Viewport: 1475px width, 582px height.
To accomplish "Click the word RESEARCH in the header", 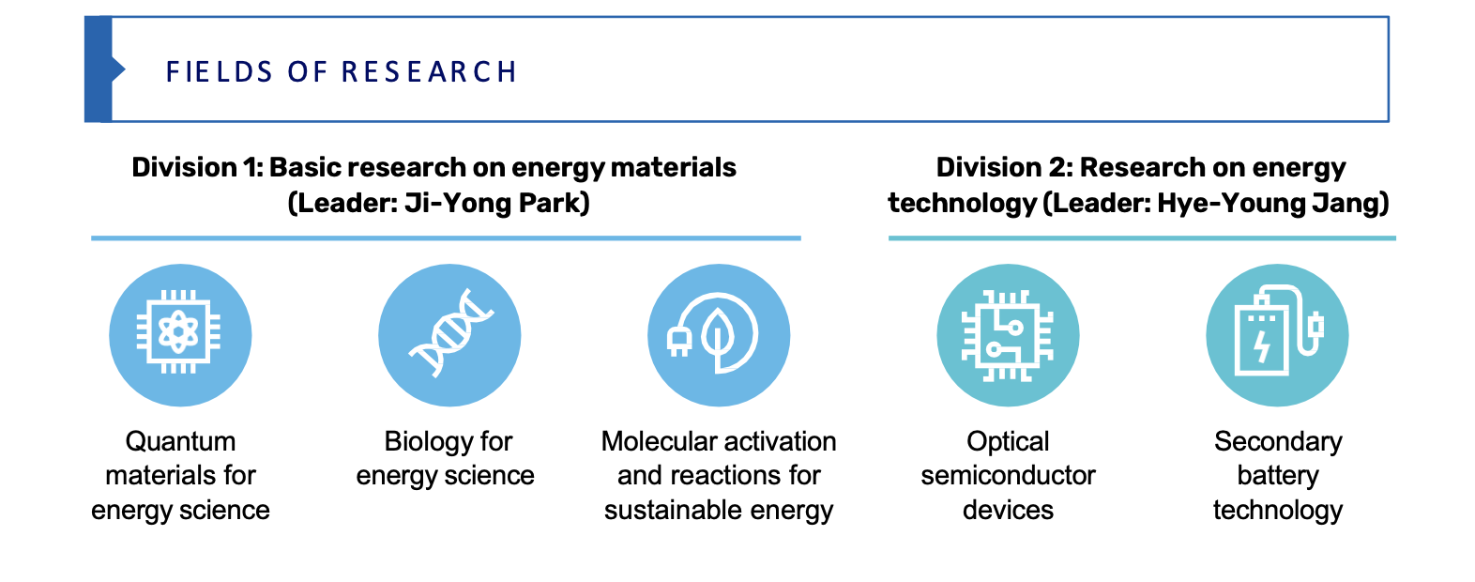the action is pyautogui.click(x=429, y=72).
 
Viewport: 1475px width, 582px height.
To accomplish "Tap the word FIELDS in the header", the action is pyautogui.click(x=220, y=72).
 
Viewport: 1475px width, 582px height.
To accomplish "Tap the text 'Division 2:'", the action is pyautogui.click(x=1005, y=167).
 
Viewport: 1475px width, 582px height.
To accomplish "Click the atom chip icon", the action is pyautogui.click(x=179, y=331).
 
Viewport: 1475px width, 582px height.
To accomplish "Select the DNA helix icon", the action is pyautogui.click(x=450, y=332).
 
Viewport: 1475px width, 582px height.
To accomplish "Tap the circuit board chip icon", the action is pyautogui.click(x=1008, y=335).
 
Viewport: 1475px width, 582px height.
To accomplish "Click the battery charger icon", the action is pyautogui.click(x=1277, y=330).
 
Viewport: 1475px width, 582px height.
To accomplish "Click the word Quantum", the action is pyautogui.click(x=180, y=441).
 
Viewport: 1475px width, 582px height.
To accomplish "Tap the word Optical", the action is pyautogui.click(x=1008, y=442).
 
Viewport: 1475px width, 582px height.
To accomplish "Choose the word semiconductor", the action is pyautogui.click(x=1008, y=476).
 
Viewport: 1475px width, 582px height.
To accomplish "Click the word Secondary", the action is pyautogui.click(x=1278, y=442).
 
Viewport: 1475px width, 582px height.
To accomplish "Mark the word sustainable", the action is pyautogui.click(x=673, y=511).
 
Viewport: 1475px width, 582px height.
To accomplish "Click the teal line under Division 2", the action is pyautogui.click(x=1142, y=237).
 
